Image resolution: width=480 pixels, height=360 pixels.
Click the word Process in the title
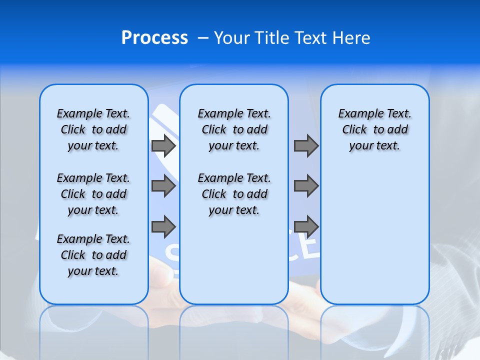(154, 38)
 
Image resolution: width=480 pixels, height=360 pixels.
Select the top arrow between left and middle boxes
(163, 145)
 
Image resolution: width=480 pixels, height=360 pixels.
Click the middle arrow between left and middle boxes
(163, 186)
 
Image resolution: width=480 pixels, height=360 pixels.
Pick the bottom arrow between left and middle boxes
(163, 226)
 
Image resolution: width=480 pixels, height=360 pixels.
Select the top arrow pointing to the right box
(306, 145)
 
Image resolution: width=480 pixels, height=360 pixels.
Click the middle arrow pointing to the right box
(306, 186)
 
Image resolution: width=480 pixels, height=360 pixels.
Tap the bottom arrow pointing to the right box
(306, 226)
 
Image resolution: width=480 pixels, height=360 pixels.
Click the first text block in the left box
(93, 129)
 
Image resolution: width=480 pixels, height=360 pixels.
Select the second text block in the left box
(93, 194)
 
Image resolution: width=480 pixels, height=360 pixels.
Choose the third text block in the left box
(93, 255)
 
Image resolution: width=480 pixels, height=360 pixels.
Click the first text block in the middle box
(234, 129)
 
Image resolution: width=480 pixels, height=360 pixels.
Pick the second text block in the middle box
(234, 194)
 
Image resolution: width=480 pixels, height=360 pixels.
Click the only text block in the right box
(374, 129)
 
